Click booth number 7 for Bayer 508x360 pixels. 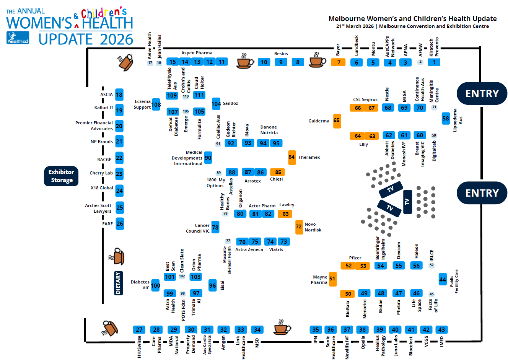coord(338,62)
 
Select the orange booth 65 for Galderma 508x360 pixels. coord(337,121)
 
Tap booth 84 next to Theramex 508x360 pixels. coord(292,157)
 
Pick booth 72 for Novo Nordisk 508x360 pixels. coord(299,227)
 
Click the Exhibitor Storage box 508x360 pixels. coord(61,176)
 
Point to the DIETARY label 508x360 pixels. coord(118,283)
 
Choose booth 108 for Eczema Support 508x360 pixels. coord(156,104)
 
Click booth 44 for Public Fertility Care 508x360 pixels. coord(443,279)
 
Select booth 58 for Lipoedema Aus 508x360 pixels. coord(446,119)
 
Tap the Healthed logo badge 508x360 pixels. coord(18,38)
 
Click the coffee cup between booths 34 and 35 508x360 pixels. coord(282,328)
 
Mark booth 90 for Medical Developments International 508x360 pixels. coord(208,158)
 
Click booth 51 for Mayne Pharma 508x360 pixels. coord(332,279)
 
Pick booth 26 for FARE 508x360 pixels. coord(120,224)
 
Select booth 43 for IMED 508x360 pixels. coord(441,330)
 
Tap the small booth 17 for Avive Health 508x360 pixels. coord(150,63)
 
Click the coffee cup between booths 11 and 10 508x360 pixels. coord(245,61)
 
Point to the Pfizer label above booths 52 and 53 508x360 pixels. coord(355,258)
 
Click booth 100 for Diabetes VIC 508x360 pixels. coord(155,285)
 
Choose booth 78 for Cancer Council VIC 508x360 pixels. coord(215,228)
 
